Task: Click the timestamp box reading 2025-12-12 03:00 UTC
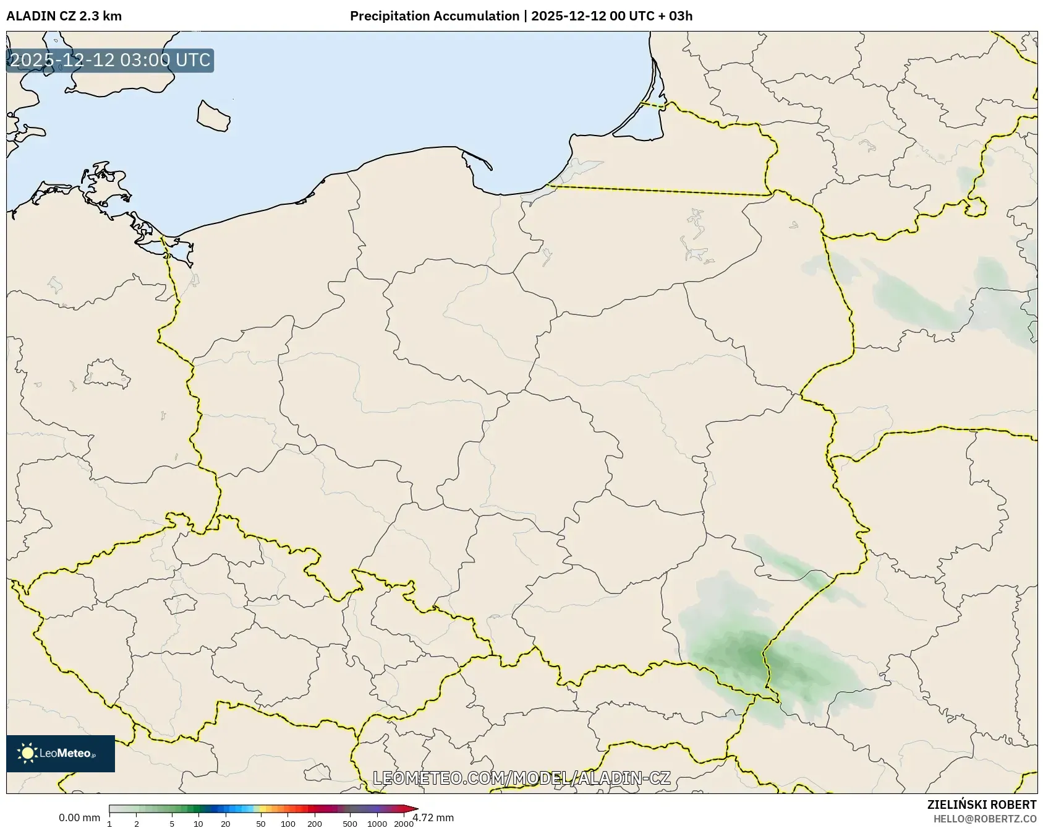pyautogui.click(x=110, y=61)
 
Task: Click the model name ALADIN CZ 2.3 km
pyautogui.click(x=64, y=16)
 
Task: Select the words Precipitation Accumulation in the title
pyautogui.click(x=434, y=16)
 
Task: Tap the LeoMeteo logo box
pyautogui.click(x=61, y=753)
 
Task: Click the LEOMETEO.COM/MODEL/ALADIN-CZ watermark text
pyautogui.click(x=521, y=778)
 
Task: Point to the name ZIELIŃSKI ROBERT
pyautogui.click(x=981, y=804)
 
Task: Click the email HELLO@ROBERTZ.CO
pyautogui.click(x=984, y=819)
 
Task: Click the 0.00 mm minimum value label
pyautogui.click(x=79, y=818)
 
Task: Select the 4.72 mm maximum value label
pyautogui.click(x=433, y=818)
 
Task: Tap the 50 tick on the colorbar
pyautogui.click(x=261, y=823)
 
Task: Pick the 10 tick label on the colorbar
pyautogui.click(x=198, y=823)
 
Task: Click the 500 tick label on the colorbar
pyautogui.click(x=350, y=823)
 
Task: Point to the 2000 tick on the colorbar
pyautogui.click(x=404, y=823)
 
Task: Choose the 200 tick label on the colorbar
pyautogui.click(x=315, y=823)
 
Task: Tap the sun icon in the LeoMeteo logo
pyautogui.click(x=27, y=753)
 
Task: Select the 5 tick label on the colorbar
pyautogui.click(x=172, y=823)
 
